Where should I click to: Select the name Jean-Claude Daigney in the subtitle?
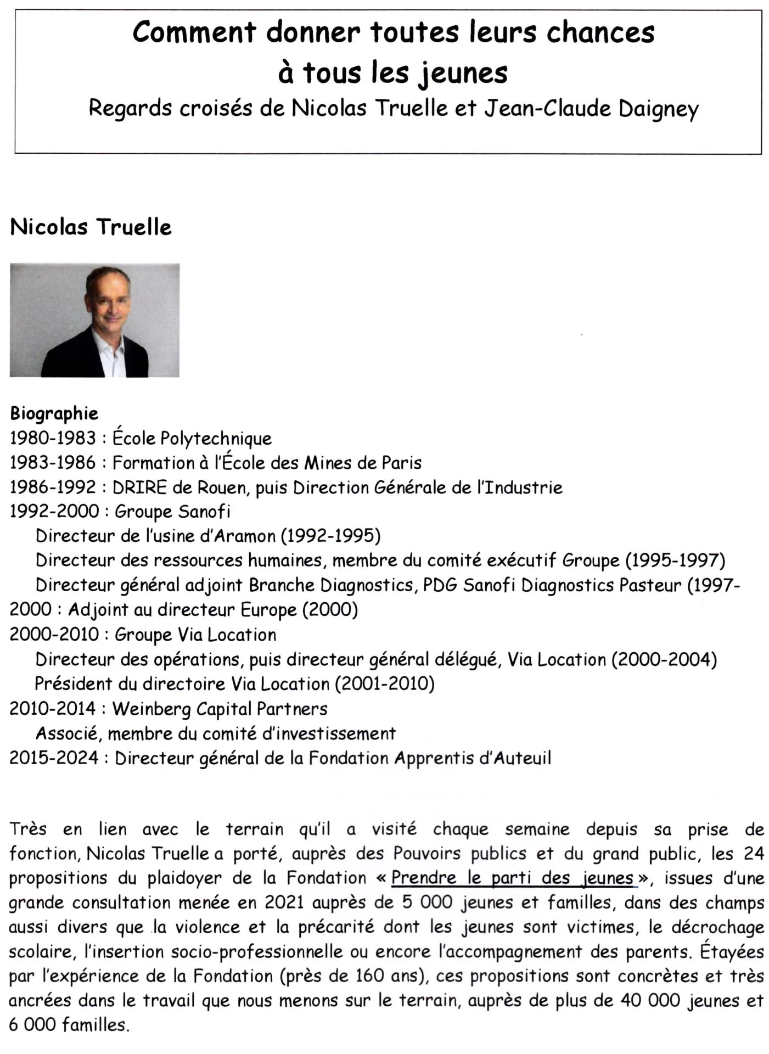point(591,108)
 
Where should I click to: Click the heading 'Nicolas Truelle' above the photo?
point(91,227)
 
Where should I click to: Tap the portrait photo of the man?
point(94,320)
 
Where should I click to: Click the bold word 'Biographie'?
point(54,413)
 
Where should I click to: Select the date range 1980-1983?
point(53,438)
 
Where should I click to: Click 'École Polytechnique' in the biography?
point(192,438)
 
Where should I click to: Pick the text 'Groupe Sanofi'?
point(172,512)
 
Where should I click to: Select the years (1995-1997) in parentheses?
point(675,560)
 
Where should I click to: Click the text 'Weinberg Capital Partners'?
point(220,709)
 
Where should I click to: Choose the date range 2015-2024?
point(54,758)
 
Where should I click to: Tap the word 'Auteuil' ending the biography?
point(523,758)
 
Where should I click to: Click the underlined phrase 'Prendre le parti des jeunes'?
point(513,878)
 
